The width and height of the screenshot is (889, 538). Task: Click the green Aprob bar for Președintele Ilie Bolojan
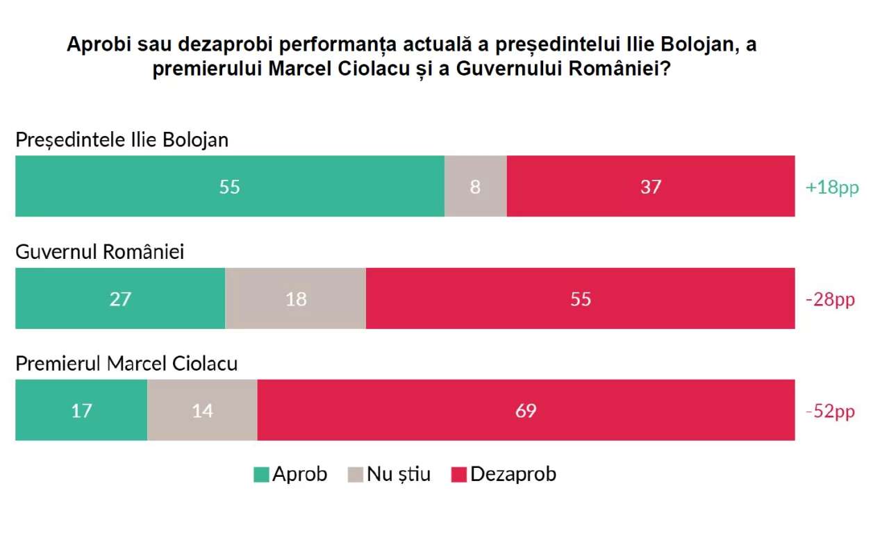pos(229,186)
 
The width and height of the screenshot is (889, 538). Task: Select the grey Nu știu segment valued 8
pos(475,186)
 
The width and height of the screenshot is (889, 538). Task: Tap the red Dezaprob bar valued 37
pos(651,186)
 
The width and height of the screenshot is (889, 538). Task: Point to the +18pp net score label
pos(832,187)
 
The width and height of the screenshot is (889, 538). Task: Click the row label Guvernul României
pos(99,251)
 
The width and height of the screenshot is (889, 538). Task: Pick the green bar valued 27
pos(120,299)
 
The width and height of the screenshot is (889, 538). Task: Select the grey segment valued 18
pos(296,299)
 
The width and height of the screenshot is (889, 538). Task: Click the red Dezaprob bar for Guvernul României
pos(581,299)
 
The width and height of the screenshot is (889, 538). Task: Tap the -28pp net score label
pos(830,299)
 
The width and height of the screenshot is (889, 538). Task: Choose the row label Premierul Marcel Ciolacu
pos(126,363)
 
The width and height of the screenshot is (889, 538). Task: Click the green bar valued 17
pos(81,410)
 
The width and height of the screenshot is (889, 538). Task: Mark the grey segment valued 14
pos(202,410)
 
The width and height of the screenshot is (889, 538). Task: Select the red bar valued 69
pos(526,410)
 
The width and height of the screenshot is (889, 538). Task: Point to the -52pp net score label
pos(830,411)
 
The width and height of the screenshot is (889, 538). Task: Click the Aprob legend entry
pos(291,474)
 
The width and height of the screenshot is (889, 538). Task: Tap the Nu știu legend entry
pos(390,474)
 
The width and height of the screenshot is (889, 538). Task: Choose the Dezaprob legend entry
pos(504,474)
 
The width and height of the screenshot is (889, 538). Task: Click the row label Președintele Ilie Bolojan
pos(122,140)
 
